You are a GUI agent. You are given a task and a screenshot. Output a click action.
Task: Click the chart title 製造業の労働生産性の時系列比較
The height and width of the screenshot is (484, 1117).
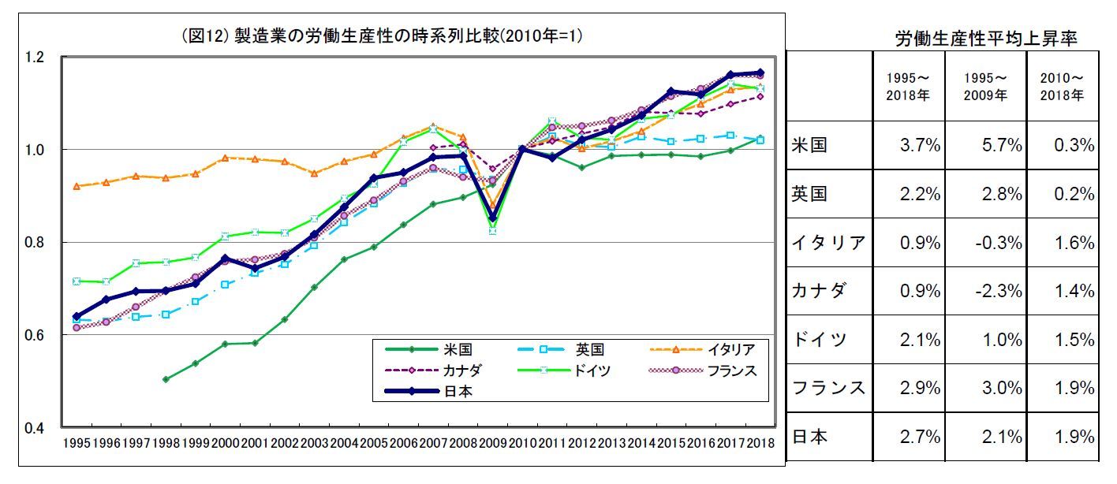[x=409, y=37]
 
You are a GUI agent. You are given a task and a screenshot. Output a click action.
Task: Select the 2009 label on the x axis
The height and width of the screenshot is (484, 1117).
[x=493, y=443]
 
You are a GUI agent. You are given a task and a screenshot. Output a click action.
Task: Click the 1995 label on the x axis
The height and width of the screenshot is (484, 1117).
[x=76, y=443]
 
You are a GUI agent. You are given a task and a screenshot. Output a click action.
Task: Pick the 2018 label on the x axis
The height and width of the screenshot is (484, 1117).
[x=760, y=443]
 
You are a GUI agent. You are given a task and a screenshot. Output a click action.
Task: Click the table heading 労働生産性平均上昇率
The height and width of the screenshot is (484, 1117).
[x=986, y=39]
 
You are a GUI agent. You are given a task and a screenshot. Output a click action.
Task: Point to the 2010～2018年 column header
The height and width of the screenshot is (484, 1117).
[x=1067, y=87]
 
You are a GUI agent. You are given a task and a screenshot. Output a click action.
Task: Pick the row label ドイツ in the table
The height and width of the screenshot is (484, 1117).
[x=819, y=340]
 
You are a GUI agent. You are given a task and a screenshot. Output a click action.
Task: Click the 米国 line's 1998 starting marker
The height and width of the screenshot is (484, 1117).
[x=165, y=379]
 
